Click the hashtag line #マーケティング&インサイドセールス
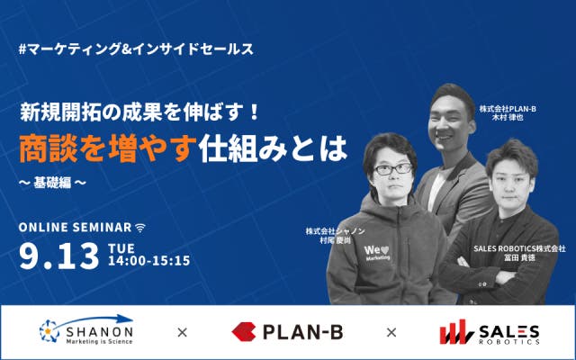tap(136, 49)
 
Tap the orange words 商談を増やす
tap(106, 148)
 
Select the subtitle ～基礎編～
tap(52, 183)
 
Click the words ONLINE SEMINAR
tap(76, 228)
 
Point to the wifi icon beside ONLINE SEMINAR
tap(140, 228)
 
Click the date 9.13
tap(59, 256)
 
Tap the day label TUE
tap(121, 248)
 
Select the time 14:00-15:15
tap(149, 261)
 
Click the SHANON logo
tap(86, 330)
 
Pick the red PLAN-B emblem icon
tap(244, 332)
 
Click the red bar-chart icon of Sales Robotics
tap(456, 332)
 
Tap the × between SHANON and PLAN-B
tap(182, 332)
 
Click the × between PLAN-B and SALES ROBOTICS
tap(391, 332)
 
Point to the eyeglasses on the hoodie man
tap(393, 169)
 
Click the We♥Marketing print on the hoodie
tap(376, 253)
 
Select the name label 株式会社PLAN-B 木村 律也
tap(508, 113)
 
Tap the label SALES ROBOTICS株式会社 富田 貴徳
tap(519, 253)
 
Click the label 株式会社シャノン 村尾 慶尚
tap(335, 236)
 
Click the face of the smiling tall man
tap(450, 121)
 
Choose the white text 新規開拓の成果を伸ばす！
tap(139, 112)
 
